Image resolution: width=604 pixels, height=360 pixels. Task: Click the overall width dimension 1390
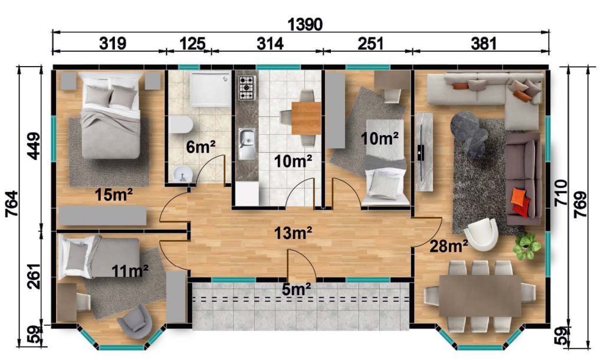tap(305, 24)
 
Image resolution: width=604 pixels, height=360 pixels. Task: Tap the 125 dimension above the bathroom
tap(192, 44)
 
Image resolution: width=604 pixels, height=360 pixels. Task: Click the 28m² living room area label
tap(449, 246)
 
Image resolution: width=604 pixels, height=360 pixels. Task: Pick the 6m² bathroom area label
tap(201, 146)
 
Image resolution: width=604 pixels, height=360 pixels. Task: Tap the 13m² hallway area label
tap(293, 233)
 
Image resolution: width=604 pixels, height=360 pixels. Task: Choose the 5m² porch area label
tap(296, 289)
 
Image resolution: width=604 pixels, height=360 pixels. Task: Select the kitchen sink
tap(247, 143)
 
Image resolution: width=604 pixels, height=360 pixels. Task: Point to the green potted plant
tap(527, 246)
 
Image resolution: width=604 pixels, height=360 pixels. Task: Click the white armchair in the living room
tap(481, 234)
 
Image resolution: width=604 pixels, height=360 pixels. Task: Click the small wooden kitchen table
tap(306, 117)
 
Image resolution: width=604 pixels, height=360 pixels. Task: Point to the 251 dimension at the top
tap(370, 44)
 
